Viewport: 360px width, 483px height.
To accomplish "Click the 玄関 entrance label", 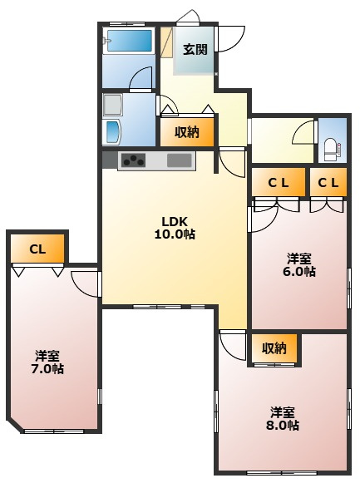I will pyautogui.click(x=195, y=49).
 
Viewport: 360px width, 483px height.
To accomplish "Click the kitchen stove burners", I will pyautogui.click(x=133, y=160).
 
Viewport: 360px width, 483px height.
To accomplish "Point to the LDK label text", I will pyautogui.click(x=175, y=221).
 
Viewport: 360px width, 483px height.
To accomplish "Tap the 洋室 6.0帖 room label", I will pyautogui.click(x=300, y=264).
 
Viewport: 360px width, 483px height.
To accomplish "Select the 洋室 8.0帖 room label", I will pyautogui.click(x=283, y=418).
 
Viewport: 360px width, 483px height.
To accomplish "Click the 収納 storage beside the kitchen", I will pyautogui.click(x=187, y=131).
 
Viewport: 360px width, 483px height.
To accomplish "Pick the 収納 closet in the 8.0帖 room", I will pyautogui.click(x=274, y=348).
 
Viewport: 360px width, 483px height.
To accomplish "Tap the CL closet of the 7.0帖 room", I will pyautogui.click(x=37, y=248).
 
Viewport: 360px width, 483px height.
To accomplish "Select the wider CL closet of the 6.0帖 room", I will pyautogui.click(x=278, y=182).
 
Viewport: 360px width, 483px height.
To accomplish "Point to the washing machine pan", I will pyautogui.click(x=113, y=106).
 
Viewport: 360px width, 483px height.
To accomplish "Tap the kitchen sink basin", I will pyautogui.click(x=179, y=160).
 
